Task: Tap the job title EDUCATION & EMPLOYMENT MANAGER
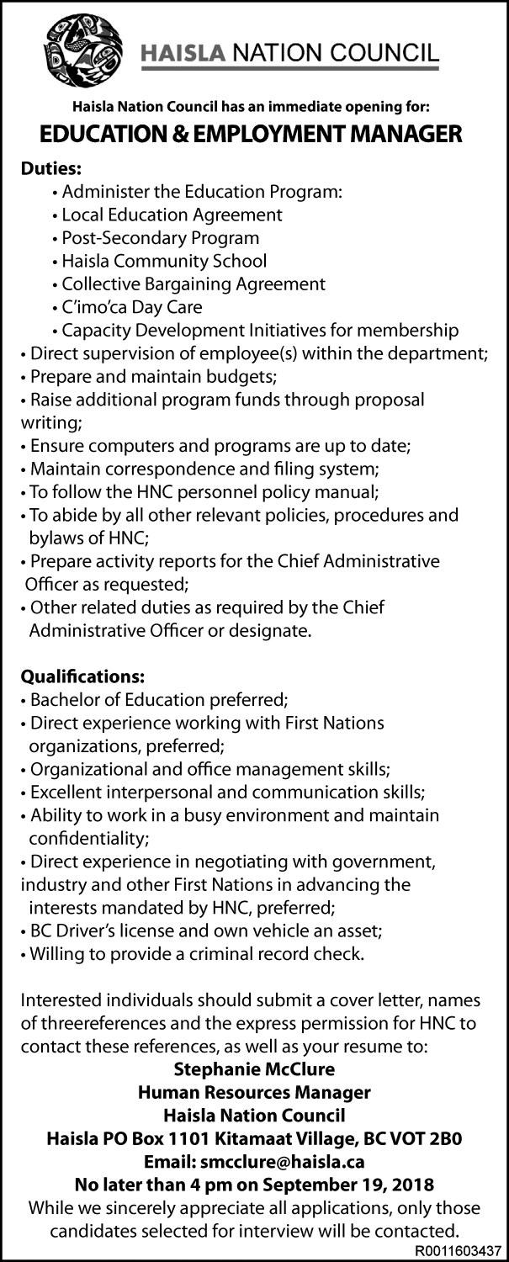[254, 133]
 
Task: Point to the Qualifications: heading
[82, 676]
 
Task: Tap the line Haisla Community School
[158, 261]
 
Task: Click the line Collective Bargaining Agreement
[188, 284]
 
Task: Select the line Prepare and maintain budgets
[147, 374]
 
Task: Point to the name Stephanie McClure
[254, 1070]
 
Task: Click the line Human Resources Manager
[254, 1093]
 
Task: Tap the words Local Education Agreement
[172, 215]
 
